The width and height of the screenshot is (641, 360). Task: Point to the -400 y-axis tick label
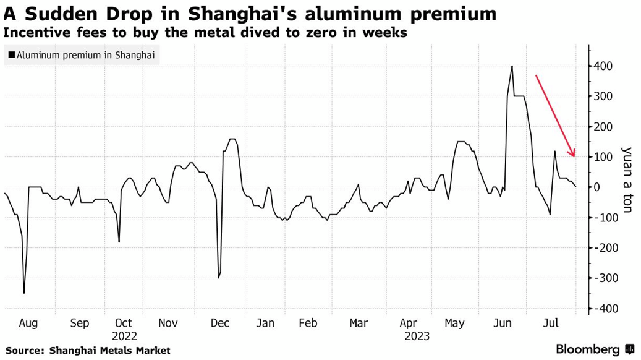(x=605, y=309)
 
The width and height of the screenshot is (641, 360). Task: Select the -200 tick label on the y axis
(x=605, y=248)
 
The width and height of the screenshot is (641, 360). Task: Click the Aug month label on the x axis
(x=28, y=323)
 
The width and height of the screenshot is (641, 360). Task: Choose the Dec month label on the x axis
(x=221, y=323)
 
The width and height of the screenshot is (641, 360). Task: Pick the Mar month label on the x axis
(x=359, y=323)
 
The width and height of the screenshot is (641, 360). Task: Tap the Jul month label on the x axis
(x=552, y=323)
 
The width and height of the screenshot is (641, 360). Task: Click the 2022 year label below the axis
(x=124, y=336)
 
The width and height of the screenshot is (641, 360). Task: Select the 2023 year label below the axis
(x=417, y=336)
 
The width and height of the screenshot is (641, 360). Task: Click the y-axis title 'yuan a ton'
(x=627, y=179)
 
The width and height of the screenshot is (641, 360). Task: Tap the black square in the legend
(x=12, y=55)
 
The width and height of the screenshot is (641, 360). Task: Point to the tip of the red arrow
(x=574, y=157)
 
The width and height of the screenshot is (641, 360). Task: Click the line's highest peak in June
(x=512, y=66)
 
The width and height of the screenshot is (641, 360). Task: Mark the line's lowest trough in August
(x=24, y=293)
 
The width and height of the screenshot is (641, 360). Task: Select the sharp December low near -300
(x=218, y=278)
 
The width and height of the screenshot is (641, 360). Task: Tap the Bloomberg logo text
(x=588, y=349)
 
